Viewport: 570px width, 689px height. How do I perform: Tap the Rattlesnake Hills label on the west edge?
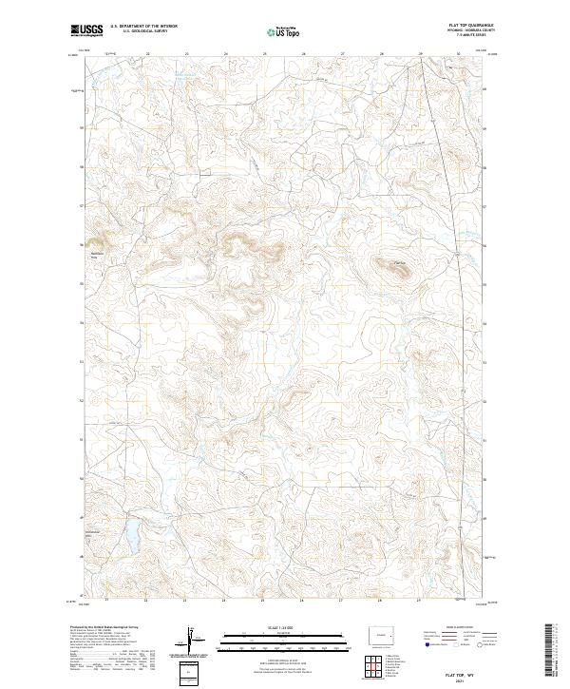pos(96,256)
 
